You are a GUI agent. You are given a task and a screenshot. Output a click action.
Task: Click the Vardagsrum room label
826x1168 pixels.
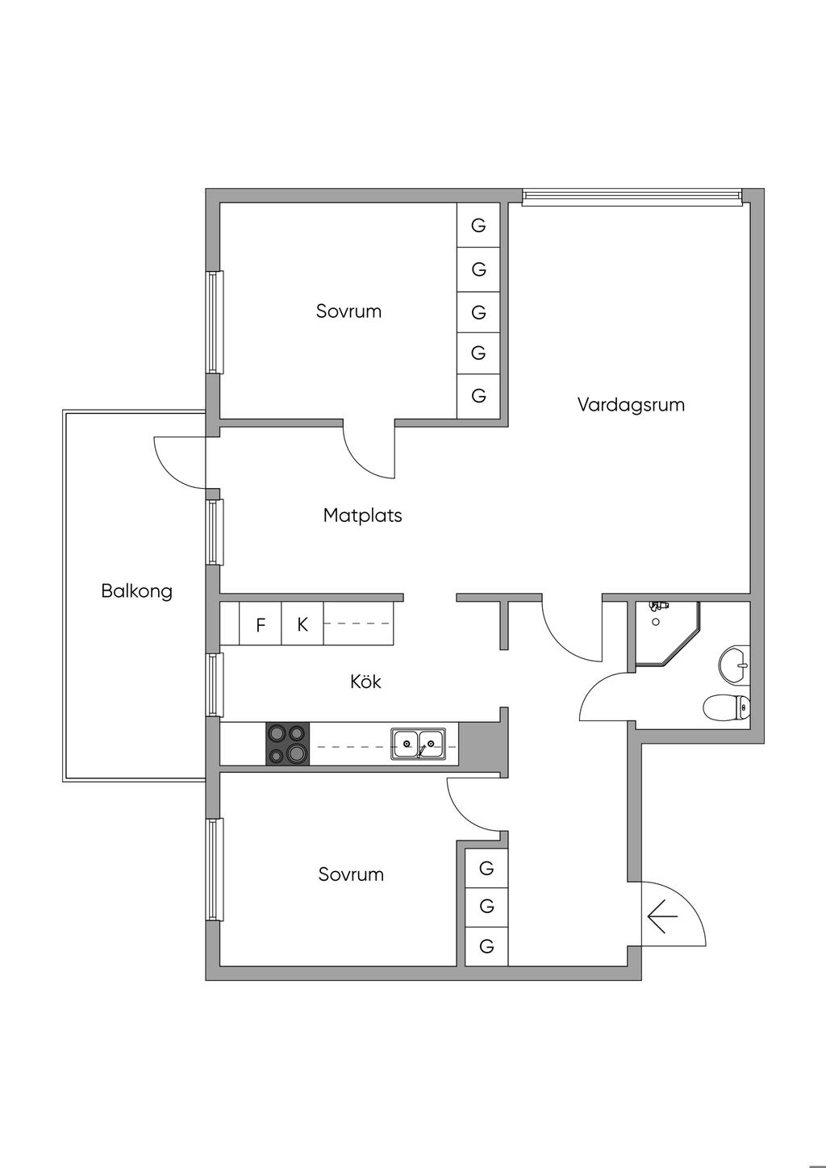[631, 404]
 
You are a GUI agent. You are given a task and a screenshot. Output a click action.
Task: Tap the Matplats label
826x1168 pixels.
[362, 515]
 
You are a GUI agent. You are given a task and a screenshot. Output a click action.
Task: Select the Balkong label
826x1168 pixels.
[136, 590]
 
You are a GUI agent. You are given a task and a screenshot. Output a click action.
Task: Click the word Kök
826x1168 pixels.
[365, 682]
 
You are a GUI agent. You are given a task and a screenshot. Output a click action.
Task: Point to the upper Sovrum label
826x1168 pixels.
[348, 311]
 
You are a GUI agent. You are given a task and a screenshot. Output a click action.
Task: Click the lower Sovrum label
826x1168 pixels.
[351, 874]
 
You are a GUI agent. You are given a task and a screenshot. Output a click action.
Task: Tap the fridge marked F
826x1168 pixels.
[261, 624]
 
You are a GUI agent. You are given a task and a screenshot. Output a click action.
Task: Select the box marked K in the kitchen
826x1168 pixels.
[302, 624]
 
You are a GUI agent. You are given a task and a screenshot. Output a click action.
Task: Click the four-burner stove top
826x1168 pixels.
[287, 744]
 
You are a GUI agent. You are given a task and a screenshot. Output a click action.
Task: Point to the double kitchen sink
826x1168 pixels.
[418, 743]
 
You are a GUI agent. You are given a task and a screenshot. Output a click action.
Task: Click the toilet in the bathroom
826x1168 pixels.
[728, 708]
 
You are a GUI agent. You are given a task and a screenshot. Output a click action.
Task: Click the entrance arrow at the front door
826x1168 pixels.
[661, 917]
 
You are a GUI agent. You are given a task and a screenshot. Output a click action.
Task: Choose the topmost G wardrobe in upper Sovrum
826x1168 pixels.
[478, 225]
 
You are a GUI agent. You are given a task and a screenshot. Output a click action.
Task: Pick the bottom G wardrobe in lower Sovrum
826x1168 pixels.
[486, 945]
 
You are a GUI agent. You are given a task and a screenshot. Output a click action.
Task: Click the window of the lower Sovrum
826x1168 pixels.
[214, 870]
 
